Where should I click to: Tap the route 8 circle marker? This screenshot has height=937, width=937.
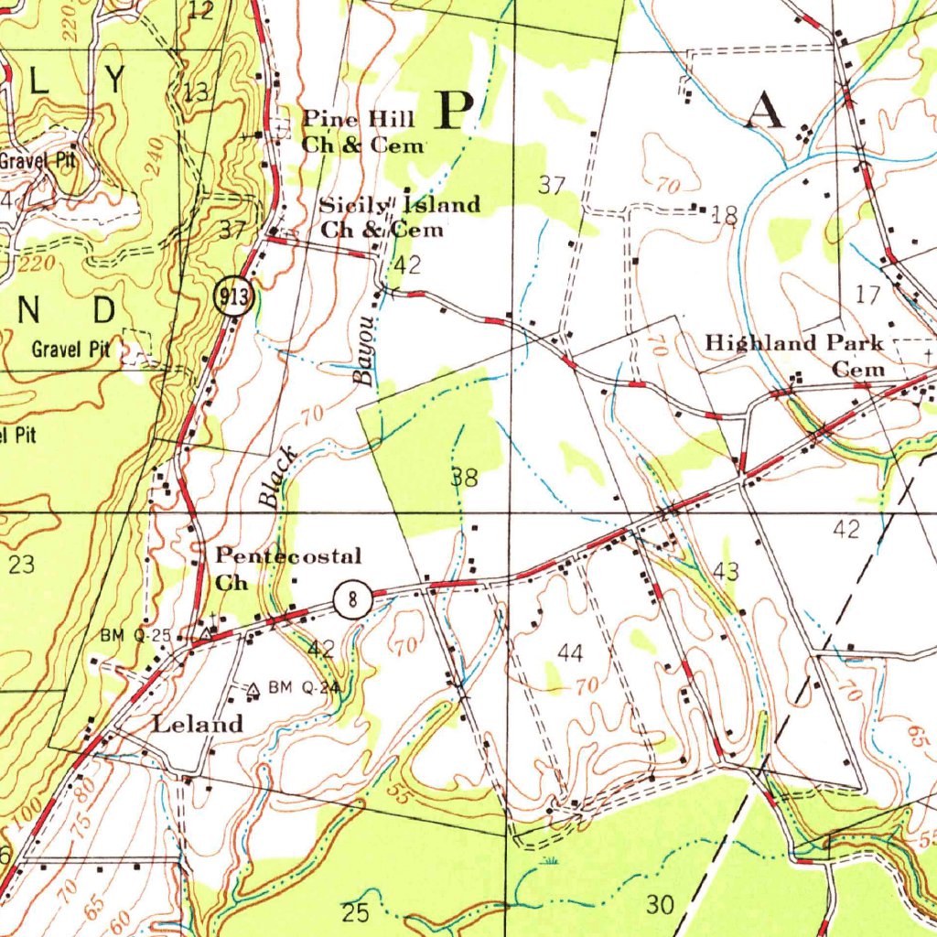(352, 601)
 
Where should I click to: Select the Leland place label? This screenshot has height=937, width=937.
(198, 725)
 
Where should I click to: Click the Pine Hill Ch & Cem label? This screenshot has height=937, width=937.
(362, 132)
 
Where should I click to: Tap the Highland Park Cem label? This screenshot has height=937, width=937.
(795, 355)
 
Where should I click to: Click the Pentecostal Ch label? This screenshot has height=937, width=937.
(287, 568)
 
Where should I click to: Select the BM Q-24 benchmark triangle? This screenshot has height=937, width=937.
(253, 688)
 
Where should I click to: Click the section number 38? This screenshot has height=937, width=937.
(464, 477)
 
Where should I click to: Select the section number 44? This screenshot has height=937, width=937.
(570, 652)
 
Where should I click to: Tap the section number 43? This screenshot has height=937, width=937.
(726, 572)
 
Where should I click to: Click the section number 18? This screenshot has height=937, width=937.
(724, 216)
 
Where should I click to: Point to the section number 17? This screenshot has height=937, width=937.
(867, 294)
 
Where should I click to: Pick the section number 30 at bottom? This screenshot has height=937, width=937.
(660, 905)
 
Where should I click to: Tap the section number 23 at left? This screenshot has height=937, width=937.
(21, 565)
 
